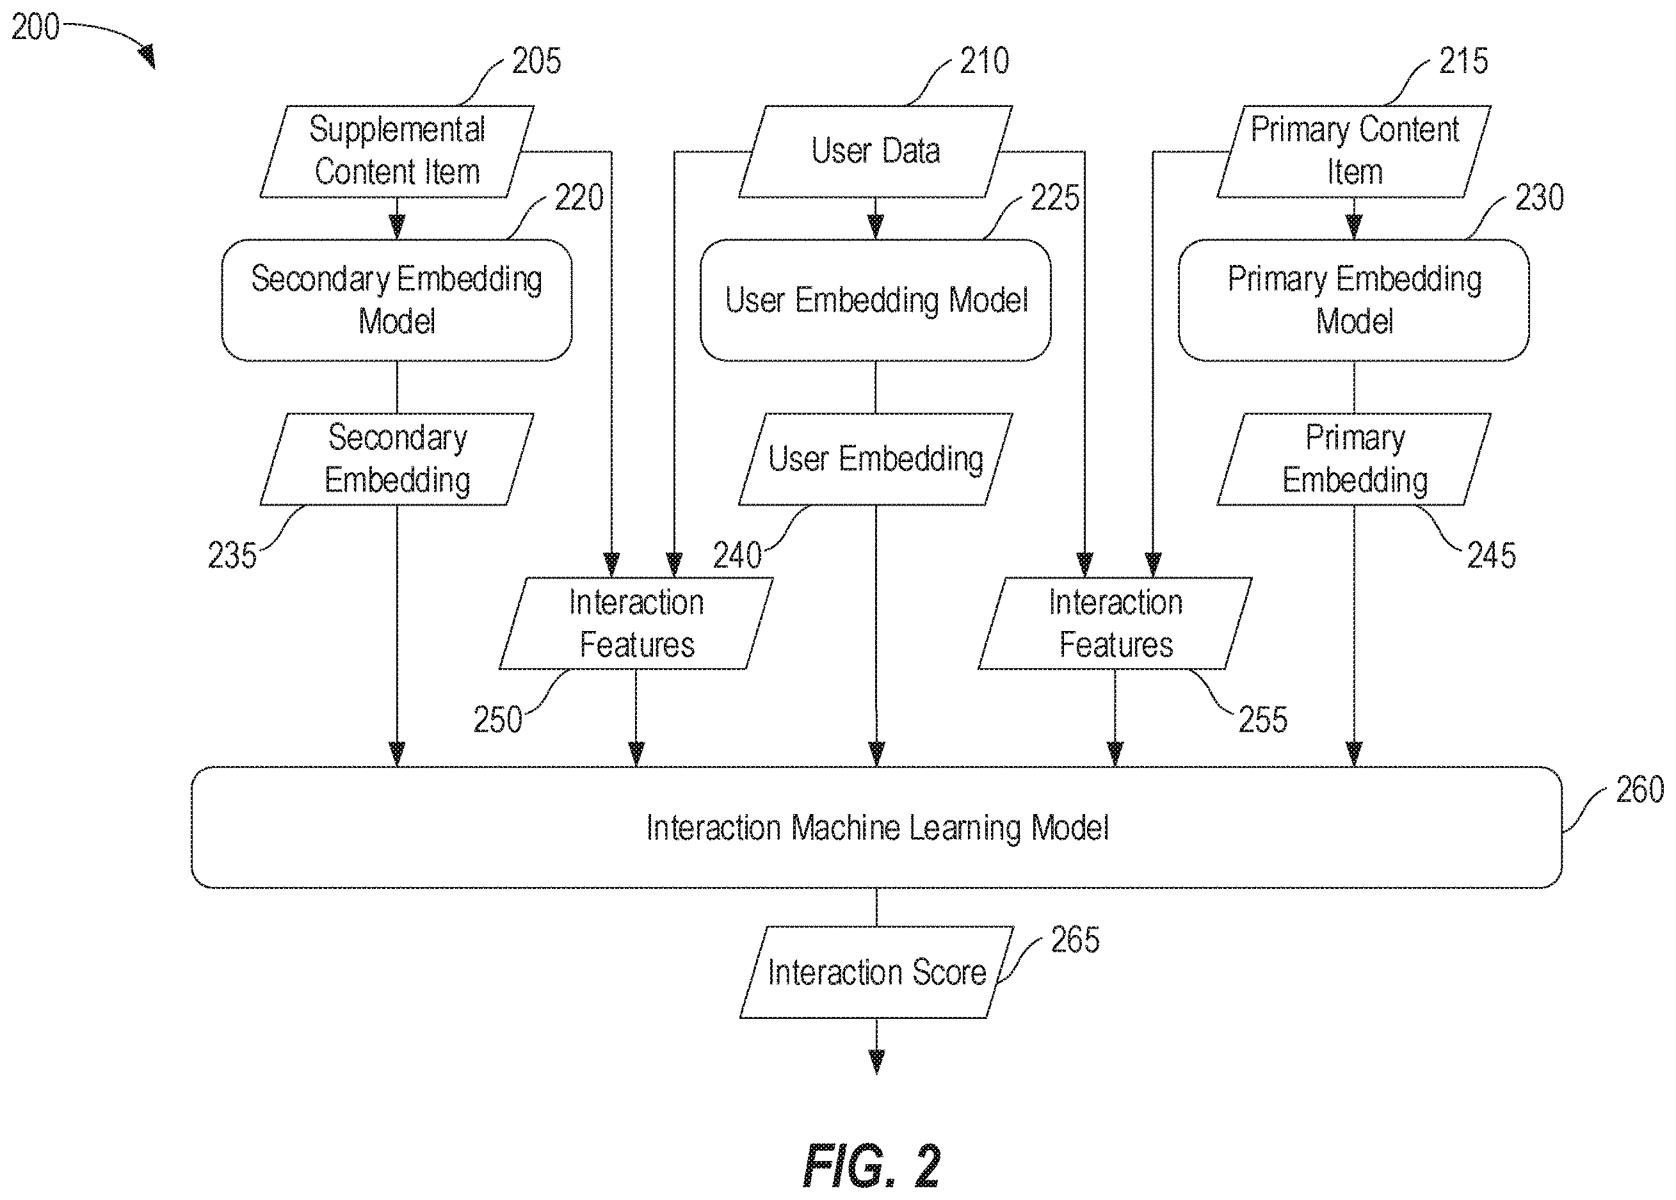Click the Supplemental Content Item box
coord(397,152)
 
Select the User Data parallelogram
coord(876,152)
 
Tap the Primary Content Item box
coord(1354,152)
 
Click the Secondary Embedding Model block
coord(397,300)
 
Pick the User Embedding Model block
coord(876,300)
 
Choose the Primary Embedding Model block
coord(1354,300)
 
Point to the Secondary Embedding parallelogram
coord(397,459)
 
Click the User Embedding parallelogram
coord(876,459)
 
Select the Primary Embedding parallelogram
coord(1354,459)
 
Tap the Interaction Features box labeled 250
coord(636,623)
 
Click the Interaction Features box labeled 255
coord(1115,623)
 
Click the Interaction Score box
coord(876,972)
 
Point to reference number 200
coord(35,28)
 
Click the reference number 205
coord(536,61)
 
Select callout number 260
coord(1640,790)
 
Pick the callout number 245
coord(1491,556)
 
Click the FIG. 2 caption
coord(871,1165)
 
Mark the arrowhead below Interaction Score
coord(876,1062)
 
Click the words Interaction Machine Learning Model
coord(877,828)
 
